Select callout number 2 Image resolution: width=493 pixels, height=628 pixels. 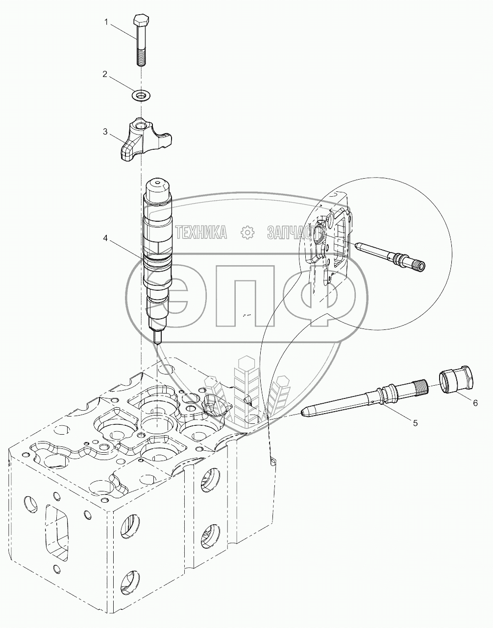(104, 74)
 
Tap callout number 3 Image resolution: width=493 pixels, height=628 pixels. (104, 131)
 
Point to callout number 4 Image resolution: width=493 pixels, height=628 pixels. (105, 238)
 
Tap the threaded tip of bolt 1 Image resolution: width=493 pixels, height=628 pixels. (140, 58)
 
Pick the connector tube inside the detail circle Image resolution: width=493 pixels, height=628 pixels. (390, 255)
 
